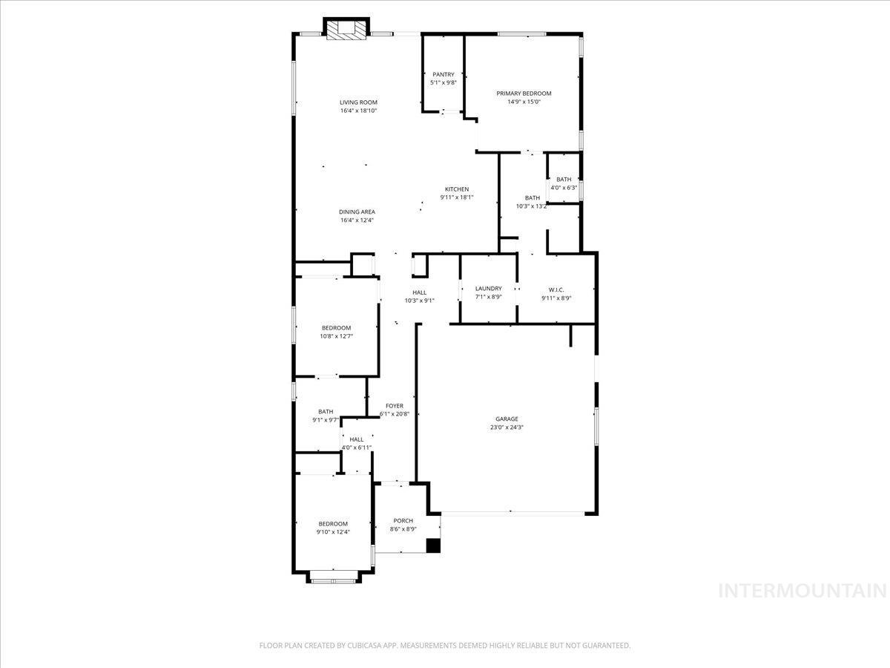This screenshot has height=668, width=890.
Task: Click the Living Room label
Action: [x=358, y=102]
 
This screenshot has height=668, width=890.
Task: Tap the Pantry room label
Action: [x=444, y=74]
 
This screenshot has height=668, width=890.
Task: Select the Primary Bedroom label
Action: [x=524, y=94]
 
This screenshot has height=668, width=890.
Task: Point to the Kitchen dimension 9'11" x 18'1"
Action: [x=457, y=197]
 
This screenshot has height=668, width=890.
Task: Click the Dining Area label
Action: [x=357, y=212]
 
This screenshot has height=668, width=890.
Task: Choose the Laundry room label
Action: [x=488, y=289]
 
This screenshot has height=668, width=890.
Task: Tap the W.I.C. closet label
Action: [x=556, y=289]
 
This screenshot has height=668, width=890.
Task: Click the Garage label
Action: [x=507, y=419]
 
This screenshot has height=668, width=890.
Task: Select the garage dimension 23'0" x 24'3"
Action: [x=507, y=428]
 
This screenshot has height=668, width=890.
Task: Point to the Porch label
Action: [x=403, y=520]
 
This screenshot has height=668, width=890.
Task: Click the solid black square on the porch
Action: [x=433, y=546]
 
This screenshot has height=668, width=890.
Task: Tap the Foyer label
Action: [x=395, y=405]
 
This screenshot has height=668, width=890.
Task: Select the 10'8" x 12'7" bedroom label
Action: [x=336, y=328]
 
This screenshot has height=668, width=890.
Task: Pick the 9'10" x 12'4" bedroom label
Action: [x=333, y=524]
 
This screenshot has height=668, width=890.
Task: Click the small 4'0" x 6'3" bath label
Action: [x=564, y=179]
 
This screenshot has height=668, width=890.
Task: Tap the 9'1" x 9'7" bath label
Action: [x=326, y=411]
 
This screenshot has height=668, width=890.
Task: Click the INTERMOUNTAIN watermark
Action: [x=803, y=591]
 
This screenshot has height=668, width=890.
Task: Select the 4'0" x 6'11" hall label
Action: [x=357, y=439]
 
